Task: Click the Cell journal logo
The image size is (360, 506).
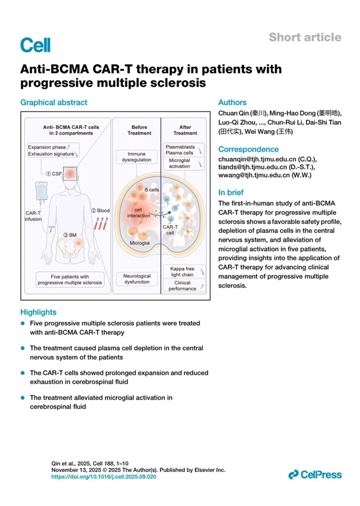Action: tap(35, 44)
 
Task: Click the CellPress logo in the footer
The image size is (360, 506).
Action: tap(315, 475)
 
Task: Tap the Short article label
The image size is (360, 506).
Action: tap(305, 37)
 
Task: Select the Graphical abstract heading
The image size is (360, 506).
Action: tap(54, 103)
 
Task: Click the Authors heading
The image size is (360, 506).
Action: tap(232, 103)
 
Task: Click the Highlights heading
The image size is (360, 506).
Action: tap(38, 312)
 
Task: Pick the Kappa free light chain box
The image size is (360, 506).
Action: tap(182, 272)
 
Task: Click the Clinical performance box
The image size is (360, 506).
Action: tap(182, 286)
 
